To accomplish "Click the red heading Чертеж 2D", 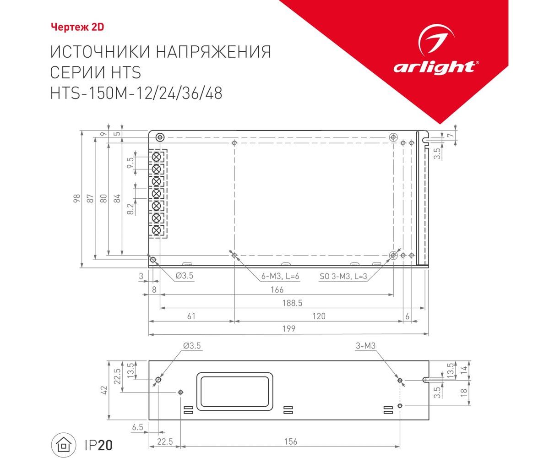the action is (x=77, y=27).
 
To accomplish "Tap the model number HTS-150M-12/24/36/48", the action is (x=136, y=93).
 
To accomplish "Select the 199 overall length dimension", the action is (x=288, y=329).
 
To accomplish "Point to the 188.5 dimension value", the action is (x=292, y=303).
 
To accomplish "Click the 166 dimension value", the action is (x=277, y=290).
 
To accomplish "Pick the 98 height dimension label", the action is (x=77, y=198).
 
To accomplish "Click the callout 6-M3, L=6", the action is (x=280, y=276).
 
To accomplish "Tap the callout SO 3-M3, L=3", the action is (x=343, y=276).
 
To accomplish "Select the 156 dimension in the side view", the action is (x=290, y=441).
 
